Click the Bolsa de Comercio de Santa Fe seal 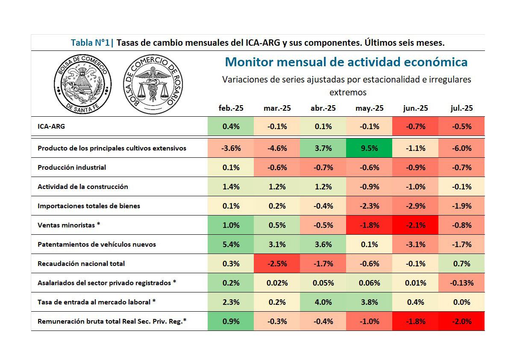click(82, 83)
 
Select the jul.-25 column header click(461, 108)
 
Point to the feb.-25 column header click(231, 108)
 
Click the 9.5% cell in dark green click(370, 148)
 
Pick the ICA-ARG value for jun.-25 click(415, 127)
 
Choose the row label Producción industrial click(72, 167)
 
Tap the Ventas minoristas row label click(69, 225)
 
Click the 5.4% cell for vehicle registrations click(231, 245)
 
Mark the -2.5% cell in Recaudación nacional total click(277, 264)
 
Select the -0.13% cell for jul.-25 click(461, 283)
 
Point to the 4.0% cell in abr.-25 click(323, 302)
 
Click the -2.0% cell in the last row click(461, 322)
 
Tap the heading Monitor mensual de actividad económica click(346, 62)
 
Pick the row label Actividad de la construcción click(83, 187)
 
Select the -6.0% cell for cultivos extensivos click(461, 148)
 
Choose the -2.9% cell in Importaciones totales click(415, 206)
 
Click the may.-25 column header click(370, 108)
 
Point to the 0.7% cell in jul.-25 click(461, 264)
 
